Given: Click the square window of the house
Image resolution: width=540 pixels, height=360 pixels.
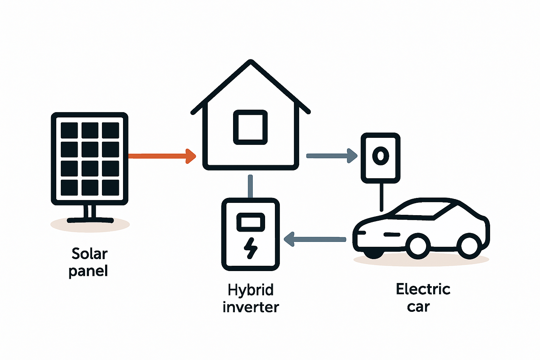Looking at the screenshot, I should [250, 127].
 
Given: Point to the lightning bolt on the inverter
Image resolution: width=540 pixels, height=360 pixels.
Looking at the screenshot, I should [250, 248].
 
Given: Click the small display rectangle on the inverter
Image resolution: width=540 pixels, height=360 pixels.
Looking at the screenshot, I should [250, 222].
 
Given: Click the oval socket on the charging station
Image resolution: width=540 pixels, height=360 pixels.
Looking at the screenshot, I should [380, 156].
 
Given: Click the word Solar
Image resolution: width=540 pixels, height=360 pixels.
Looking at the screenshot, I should [89, 254].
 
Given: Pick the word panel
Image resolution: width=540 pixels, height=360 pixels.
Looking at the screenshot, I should [88, 271].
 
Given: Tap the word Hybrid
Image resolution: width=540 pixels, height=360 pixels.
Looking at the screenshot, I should [250, 290].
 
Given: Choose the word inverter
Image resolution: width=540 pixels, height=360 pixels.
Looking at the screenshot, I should [250, 307].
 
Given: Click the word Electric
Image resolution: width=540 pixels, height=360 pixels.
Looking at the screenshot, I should [423, 289].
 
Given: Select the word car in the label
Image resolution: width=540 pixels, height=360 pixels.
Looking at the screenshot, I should [418, 307].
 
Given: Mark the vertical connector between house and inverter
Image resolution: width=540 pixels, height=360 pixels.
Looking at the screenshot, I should [250, 186].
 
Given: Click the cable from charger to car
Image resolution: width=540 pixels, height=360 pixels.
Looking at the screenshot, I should [381, 197].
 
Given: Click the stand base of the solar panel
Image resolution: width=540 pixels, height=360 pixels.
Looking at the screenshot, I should [90, 220].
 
